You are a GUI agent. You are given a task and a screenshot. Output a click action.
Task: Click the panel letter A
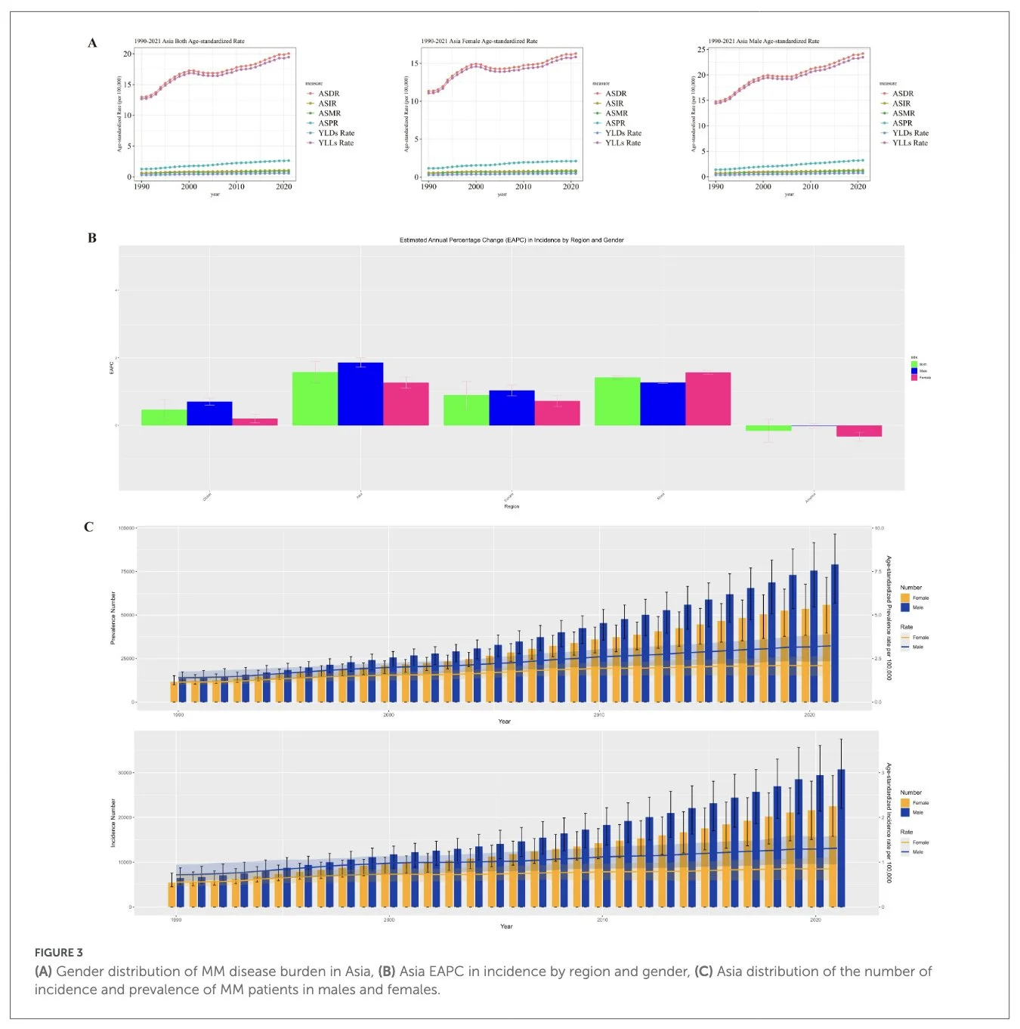pos(92,43)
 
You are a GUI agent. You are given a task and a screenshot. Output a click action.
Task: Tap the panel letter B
pos(92,238)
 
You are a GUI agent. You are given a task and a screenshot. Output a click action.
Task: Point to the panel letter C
pos(88,527)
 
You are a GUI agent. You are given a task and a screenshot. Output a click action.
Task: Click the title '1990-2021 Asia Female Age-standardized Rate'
pos(479,41)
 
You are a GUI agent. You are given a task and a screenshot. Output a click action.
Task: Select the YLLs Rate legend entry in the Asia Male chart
pos(910,143)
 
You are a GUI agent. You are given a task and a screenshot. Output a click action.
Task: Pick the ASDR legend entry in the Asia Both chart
pos(328,94)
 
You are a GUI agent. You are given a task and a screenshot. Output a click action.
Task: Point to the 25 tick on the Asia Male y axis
pos(702,50)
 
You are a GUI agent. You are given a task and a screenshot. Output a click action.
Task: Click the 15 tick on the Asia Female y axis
pos(415,63)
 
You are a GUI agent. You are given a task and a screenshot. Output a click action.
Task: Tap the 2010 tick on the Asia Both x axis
pos(236,187)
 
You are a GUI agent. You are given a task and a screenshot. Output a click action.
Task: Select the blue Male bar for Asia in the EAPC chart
pos(360,394)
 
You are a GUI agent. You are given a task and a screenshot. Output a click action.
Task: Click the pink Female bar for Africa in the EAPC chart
pos(708,399)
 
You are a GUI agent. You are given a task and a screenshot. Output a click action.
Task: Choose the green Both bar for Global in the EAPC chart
pos(164,417)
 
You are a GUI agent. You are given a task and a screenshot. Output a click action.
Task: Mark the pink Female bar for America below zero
pos(859,431)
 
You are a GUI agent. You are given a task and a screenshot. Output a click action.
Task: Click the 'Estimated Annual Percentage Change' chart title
pos(512,240)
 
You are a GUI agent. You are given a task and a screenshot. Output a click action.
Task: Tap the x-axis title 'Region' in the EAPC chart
pos(512,506)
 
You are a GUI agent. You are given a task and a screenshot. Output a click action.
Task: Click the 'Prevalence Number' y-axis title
pos(113,617)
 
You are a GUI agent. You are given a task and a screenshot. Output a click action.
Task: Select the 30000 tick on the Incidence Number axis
pos(125,773)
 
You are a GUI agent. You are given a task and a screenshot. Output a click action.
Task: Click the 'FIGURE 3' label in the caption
pos(58,953)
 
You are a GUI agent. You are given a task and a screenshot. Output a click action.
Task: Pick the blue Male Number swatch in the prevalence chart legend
pos(905,607)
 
